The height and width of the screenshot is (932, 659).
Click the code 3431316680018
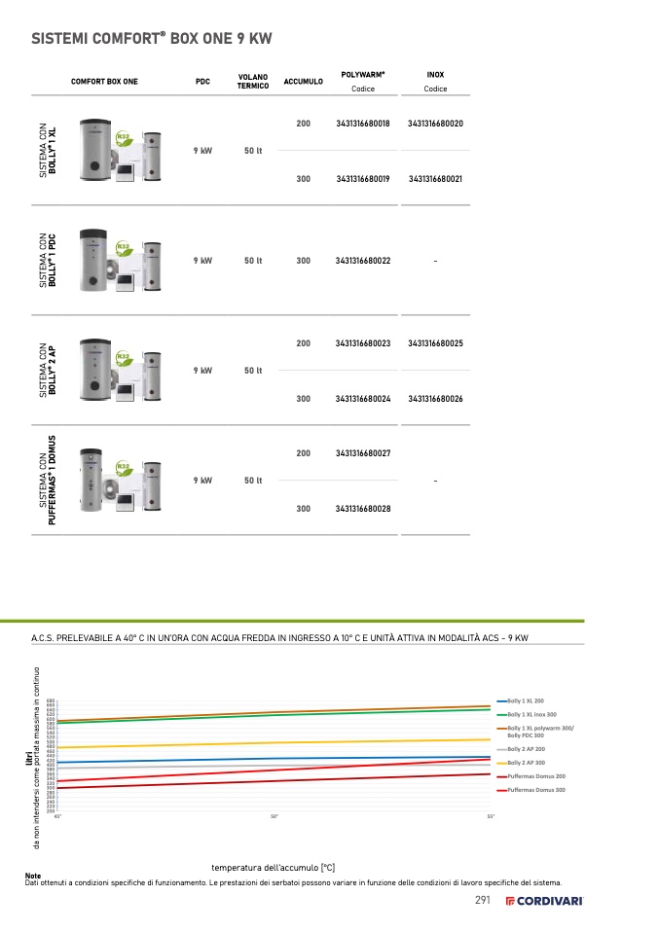(x=362, y=124)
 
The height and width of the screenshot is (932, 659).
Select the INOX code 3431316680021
(x=435, y=179)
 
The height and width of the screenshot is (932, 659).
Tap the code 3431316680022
(x=362, y=261)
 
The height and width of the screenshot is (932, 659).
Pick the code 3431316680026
(x=435, y=399)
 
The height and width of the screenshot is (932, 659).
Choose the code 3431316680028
(x=362, y=509)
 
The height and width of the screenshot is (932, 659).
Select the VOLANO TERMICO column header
(x=252, y=81)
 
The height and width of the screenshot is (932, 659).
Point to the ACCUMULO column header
(x=303, y=82)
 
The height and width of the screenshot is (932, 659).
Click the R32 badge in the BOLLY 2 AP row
(x=124, y=358)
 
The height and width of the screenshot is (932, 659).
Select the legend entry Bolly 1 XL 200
(x=526, y=700)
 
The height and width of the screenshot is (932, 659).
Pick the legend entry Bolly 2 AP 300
(x=526, y=763)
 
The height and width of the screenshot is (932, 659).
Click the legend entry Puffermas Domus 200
(x=535, y=776)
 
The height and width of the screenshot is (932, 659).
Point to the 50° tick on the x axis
(x=275, y=816)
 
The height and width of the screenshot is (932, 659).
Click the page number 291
(x=482, y=900)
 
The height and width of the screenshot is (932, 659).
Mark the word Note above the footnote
(x=33, y=876)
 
